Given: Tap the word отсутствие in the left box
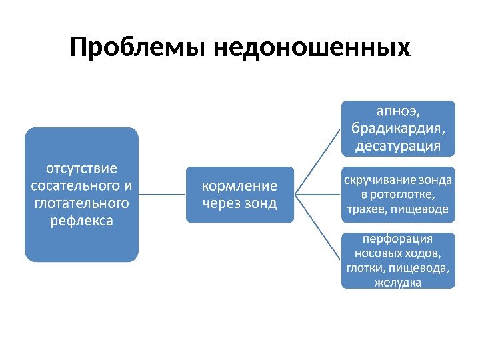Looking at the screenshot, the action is click(81, 167).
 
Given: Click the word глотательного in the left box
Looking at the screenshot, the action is click(81, 201).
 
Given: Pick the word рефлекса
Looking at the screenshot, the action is click(81, 219).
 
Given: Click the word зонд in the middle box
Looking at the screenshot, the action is click(261, 203).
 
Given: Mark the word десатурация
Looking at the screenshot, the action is click(398, 145).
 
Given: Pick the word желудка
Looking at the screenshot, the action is click(398, 283).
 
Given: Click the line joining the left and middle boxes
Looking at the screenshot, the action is click(161, 195).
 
